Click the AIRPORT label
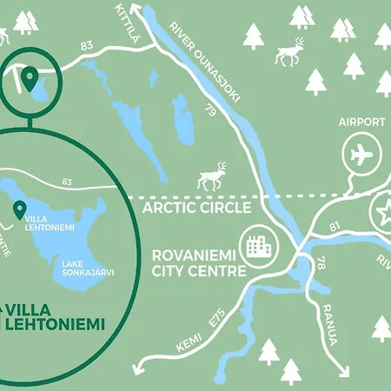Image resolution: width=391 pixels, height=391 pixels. coord(361,123)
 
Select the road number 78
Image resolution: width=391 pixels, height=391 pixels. coord(321,262)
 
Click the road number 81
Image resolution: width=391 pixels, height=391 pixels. coord(335,227)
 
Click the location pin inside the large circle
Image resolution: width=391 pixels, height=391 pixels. coord(18,209)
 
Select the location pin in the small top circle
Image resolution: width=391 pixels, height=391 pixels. coord(30,80)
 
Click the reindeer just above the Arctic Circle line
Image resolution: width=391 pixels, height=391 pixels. coord(211,176)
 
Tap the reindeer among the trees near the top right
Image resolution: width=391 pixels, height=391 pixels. coord(288,51)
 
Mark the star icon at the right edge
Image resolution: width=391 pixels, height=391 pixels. coord(382,211)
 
